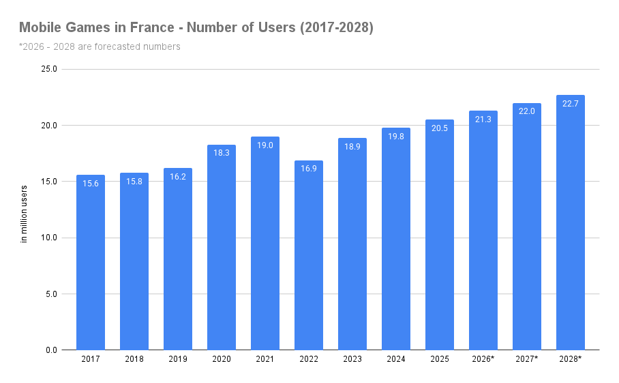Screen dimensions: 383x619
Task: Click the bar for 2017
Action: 91,266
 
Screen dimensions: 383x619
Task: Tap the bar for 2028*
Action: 571,225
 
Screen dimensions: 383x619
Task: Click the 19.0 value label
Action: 265,145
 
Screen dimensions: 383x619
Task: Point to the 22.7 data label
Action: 571,104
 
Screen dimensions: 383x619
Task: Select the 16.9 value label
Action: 309,169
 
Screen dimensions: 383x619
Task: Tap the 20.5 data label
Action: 440,128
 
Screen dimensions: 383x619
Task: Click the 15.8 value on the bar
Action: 134,182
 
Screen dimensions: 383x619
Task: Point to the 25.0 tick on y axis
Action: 49,69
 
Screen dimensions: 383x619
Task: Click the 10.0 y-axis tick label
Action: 49,238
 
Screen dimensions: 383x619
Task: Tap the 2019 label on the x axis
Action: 178,359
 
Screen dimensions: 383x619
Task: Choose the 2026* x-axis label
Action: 483,359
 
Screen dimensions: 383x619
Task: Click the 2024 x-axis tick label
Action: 396,359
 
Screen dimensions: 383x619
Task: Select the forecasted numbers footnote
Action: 100,46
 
